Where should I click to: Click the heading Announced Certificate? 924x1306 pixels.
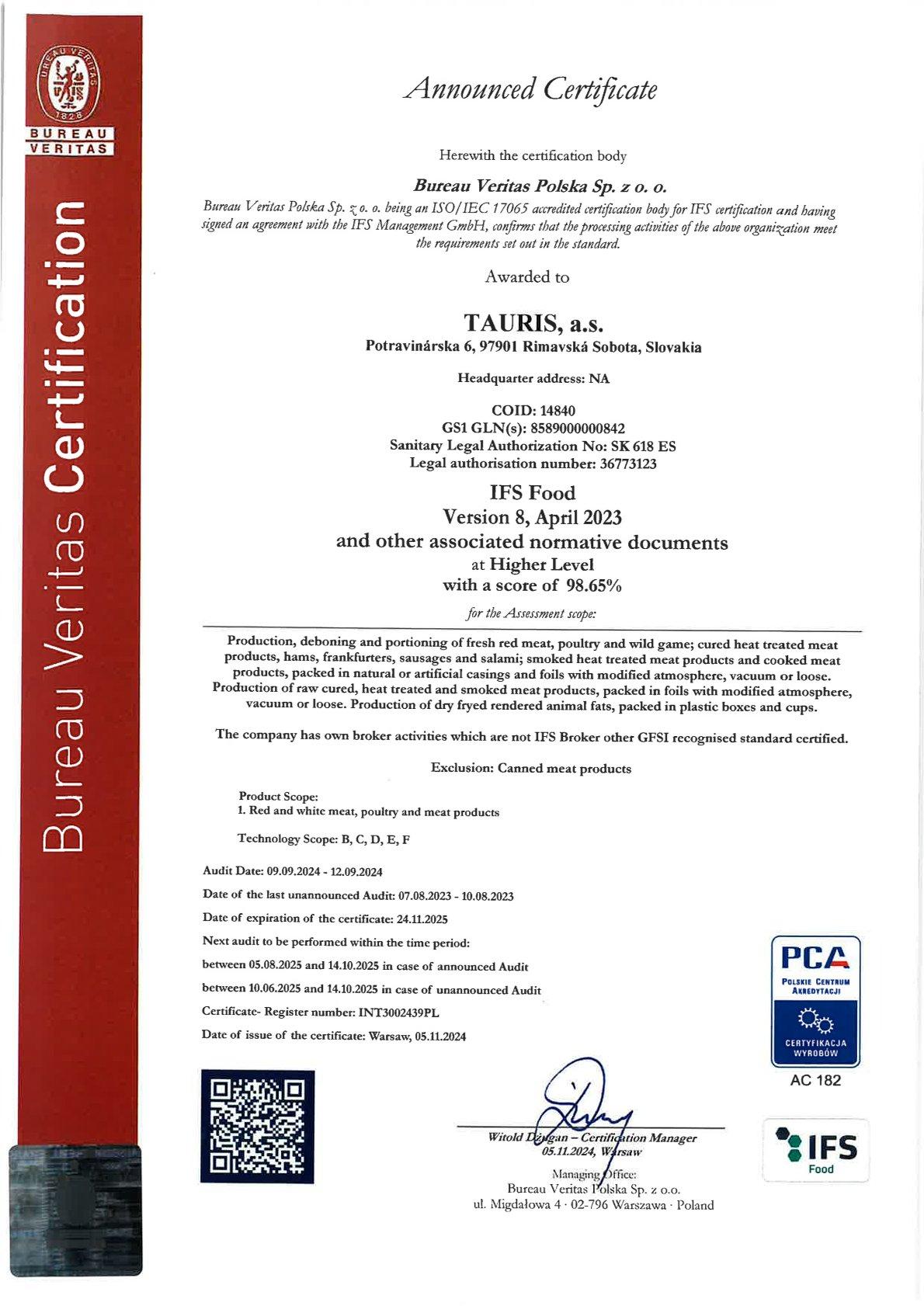[531, 90]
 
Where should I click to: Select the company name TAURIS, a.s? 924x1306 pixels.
[533, 322]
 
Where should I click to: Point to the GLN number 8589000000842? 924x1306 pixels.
[578, 428]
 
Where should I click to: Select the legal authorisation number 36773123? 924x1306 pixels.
[623, 464]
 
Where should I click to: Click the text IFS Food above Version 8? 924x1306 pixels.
[532, 493]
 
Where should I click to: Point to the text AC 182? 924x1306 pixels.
[815, 1080]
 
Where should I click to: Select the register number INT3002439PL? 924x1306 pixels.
[404, 1012]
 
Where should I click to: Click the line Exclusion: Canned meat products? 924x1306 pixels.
[531, 769]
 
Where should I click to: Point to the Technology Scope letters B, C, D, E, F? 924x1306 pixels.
[375, 839]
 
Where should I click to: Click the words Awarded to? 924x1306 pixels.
[527, 277]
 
